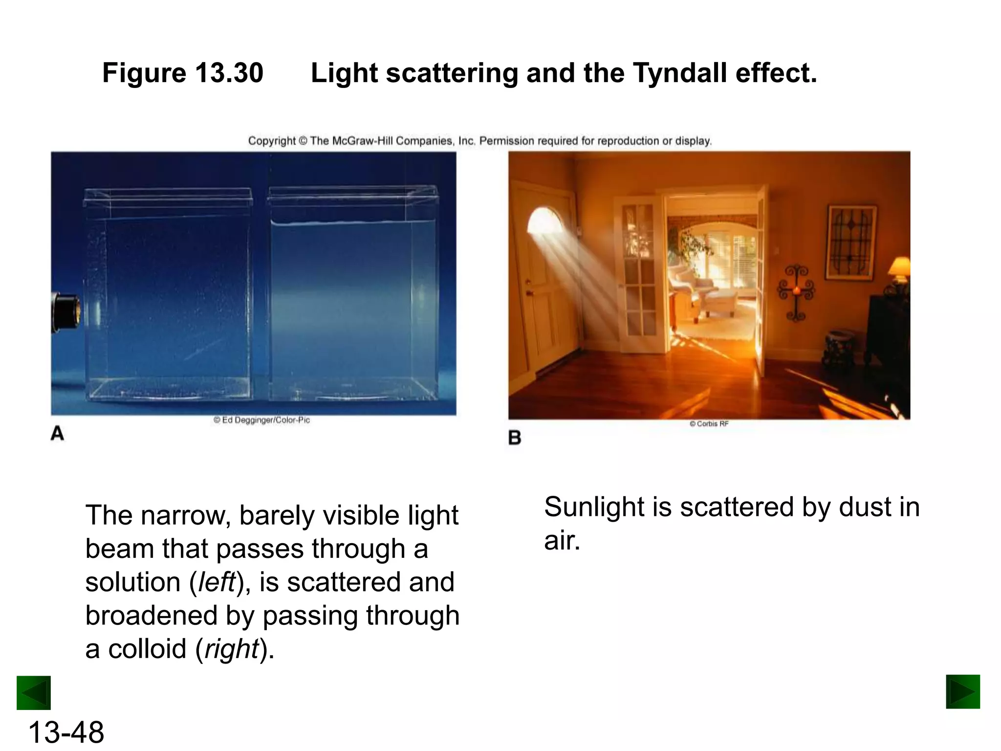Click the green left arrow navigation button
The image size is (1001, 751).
(x=34, y=692)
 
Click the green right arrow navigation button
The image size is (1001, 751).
(x=963, y=691)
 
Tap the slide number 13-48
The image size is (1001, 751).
(x=66, y=732)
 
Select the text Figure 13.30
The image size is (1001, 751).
(x=183, y=73)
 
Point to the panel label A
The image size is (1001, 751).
(x=57, y=434)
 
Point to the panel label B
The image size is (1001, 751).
(x=515, y=438)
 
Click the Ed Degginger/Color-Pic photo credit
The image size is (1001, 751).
(x=262, y=420)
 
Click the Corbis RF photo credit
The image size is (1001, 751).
(x=709, y=424)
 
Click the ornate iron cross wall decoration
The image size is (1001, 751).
(x=796, y=292)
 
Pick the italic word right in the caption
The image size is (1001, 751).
(x=231, y=649)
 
